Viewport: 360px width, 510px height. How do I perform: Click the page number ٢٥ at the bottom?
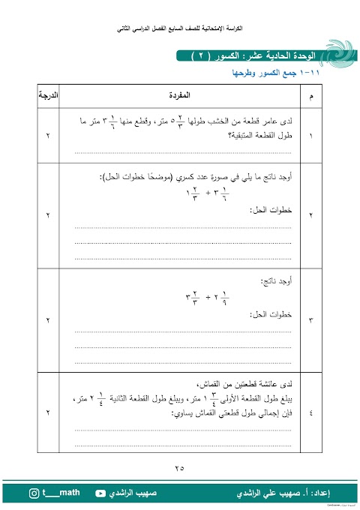(x=179, y=469)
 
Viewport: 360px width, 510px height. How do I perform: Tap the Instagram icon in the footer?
(x=34, y=493)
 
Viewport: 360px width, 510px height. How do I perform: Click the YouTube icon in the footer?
(x=100, y=493)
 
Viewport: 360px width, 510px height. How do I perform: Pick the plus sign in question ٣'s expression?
(x=211, y=296)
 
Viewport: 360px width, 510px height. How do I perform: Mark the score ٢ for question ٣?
(x=49, y=321)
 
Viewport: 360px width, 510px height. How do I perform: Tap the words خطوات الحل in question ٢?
(x=272, y=211)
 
